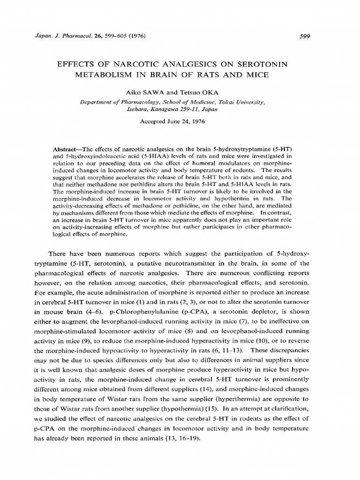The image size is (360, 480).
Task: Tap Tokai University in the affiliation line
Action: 239,101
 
